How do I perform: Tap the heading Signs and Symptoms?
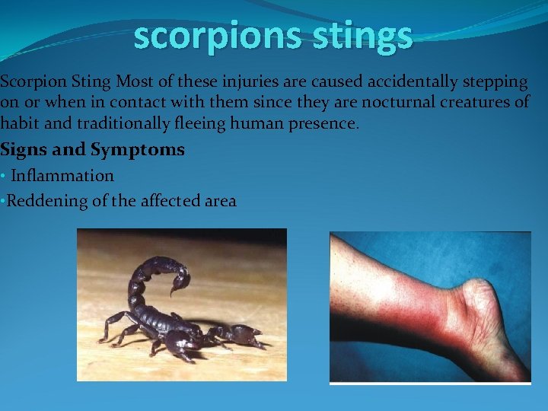tap(93, 149)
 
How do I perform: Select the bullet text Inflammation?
tap(62, 176)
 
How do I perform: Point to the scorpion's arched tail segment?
tap(145, 274)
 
